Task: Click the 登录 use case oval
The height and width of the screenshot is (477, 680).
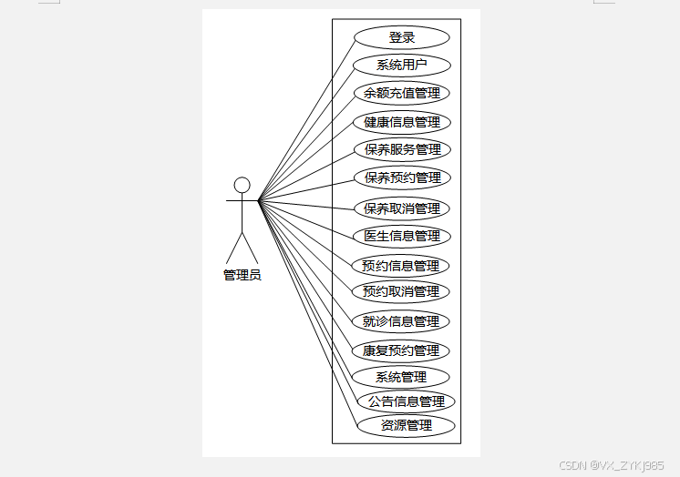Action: click(x=402, y=37)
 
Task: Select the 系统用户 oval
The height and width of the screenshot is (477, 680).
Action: click(x=402, y=66)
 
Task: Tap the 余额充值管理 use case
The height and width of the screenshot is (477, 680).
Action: click(x=402, y=93)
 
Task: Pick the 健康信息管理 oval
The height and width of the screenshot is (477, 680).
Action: click(x=402, y=122)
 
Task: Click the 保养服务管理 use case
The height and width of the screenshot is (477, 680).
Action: click(x=402, y=149)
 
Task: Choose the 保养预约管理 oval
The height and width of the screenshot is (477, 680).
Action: click(x=402, y=178)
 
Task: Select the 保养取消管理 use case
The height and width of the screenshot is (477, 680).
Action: click(x=402, y=208)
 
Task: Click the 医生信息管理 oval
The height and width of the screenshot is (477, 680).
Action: click(x=402, y=236)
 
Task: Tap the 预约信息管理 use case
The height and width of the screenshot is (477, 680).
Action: click(x=401, y=266)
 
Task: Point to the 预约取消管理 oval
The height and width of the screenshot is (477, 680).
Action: click(x=401, y=291)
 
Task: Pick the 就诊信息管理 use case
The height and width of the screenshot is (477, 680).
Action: click(x=401, y=321)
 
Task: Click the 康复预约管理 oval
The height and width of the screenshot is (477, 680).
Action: click(x=401, y=350)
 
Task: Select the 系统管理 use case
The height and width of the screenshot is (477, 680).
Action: click(x=401, y=377)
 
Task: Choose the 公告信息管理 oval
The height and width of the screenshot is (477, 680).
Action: click(x=406, y=401)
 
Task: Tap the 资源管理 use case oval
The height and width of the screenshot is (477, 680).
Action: click(x=406, y=425)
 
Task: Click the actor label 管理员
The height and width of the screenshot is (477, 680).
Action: click(x=242, y=275)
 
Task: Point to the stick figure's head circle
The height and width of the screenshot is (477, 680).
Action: click(x=242, y=186)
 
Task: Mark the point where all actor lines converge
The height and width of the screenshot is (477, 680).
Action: click(x=259, y=200)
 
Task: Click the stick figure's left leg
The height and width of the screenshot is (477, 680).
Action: click(x=234, y=249)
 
